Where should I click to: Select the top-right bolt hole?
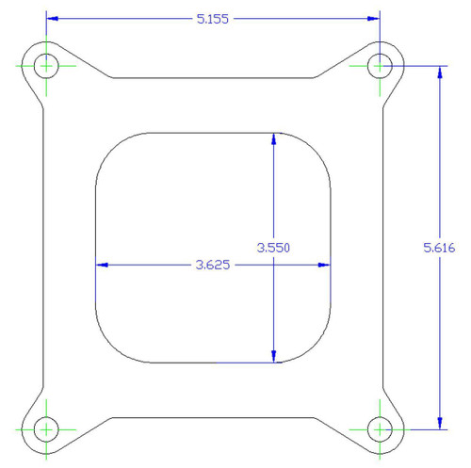click(x=380, y=65)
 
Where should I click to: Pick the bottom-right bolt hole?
click(x=380, y=429)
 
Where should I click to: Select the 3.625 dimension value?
click(x=214, y=266)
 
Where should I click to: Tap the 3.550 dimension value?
click(x=273, y=248)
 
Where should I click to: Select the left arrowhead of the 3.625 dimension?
click(x=103, y=266)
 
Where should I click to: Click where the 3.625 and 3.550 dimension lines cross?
click(x=273, y=266)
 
